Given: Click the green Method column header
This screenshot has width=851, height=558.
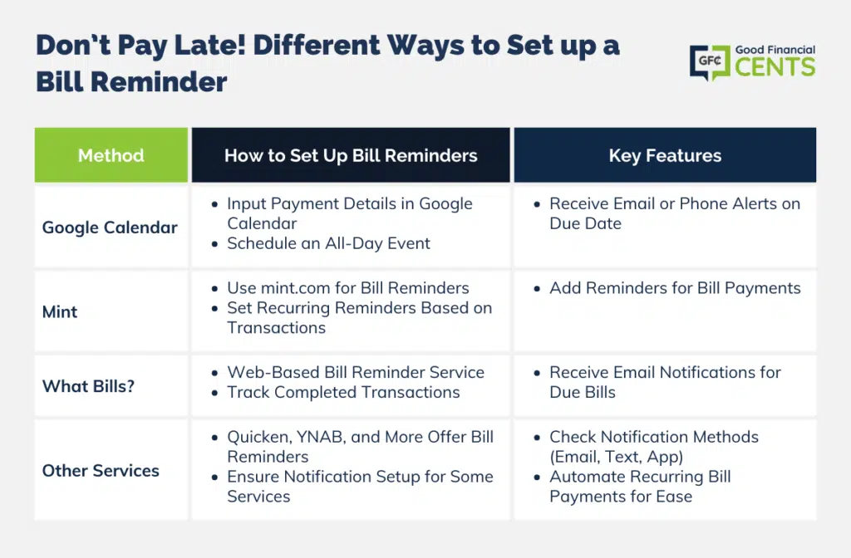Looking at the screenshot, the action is pyautogui.click(x=111, y=155).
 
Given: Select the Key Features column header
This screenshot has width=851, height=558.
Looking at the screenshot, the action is pyautogui.click(x=665, y=155).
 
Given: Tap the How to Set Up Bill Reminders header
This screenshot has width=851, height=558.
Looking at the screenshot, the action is pyautogui.click(x=351, y=155).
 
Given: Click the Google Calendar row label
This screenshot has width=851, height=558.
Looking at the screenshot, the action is pyautogui.click(x=110, y=228).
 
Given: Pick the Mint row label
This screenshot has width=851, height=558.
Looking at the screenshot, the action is pyautogui.click(x=60, y=312).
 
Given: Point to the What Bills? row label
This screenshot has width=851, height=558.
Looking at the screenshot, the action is pyautogui.click(x=88, y=386).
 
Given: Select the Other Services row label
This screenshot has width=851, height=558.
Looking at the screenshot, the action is pyautogui.click(x=101, y=471).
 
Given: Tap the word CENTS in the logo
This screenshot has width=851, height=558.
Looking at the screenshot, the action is pyautogui.click(x=775, y=67).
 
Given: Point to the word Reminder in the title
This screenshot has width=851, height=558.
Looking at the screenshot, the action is pyautogui.click(x=159, y=82).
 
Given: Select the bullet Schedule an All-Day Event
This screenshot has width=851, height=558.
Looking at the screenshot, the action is pyautogui.click(x=328, y=243).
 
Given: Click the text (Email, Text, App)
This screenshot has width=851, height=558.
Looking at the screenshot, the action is pyautogui.click(x=616, y=458).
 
